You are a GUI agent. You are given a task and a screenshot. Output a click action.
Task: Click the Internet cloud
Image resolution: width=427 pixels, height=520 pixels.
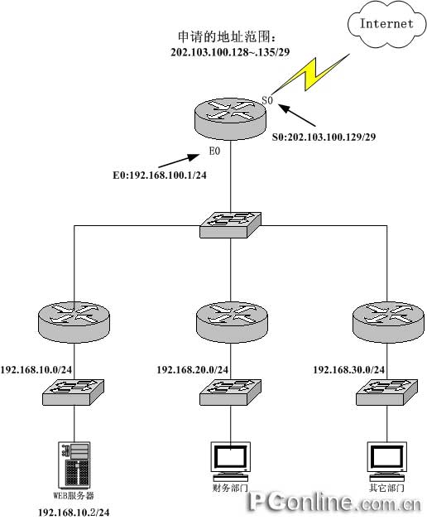386,25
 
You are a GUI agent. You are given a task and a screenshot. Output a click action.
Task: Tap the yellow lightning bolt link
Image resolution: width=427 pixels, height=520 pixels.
312,75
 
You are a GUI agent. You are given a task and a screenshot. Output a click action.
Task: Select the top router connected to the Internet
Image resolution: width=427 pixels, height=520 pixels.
230,118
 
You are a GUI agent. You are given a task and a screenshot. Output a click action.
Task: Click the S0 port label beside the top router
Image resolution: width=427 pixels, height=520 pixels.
267,100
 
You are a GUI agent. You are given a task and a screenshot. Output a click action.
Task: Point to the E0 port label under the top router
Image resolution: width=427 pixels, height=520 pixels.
214,152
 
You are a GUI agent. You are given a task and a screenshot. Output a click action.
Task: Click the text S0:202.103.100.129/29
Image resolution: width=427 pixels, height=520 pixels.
324,137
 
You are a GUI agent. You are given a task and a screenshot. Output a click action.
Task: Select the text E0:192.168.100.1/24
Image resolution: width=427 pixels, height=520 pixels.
160,175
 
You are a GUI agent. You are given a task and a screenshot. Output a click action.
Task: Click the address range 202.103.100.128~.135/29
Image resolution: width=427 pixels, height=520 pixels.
230,52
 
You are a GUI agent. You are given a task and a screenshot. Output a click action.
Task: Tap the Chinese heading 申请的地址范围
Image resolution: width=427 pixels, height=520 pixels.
227,36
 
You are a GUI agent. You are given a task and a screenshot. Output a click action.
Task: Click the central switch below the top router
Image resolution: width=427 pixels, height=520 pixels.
230,225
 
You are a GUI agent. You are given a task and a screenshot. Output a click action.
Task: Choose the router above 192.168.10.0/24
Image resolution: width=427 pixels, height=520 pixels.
74,320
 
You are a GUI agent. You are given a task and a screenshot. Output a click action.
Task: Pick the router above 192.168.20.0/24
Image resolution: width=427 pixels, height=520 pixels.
232,322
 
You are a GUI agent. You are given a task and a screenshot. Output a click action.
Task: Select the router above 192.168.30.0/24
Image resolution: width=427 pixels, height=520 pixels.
388,322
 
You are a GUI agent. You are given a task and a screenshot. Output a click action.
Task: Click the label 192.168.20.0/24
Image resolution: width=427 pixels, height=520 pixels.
193,370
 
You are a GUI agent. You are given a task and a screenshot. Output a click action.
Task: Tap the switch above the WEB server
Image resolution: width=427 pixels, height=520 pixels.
74,392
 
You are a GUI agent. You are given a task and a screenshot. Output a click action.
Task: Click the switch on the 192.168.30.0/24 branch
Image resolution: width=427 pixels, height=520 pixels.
387,392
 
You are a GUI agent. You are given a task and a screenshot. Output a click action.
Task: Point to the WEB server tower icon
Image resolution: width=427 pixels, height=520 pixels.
74,465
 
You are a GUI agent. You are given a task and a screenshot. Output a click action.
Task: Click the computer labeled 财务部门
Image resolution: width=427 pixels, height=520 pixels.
231,462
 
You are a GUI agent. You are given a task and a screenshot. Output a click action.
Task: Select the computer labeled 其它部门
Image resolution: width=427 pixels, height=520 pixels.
387,462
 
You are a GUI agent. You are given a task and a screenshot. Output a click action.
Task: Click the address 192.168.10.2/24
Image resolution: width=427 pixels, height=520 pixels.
74,513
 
